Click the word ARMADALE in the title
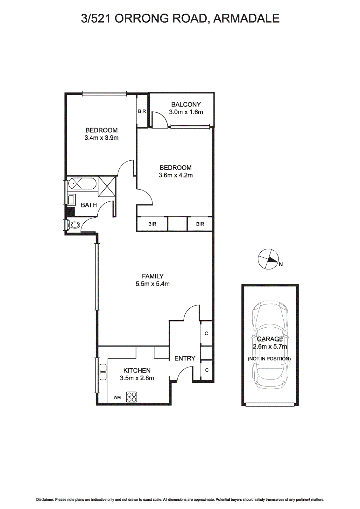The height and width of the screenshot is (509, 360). click(246, 18)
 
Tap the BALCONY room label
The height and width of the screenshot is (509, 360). click(186, 104)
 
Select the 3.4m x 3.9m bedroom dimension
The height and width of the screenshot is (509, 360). click(102, 138)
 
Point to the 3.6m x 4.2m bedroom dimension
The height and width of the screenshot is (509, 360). click(176, 175)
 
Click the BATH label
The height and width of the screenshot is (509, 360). click(89, 205)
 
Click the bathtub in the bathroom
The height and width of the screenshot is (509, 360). click(82, 184)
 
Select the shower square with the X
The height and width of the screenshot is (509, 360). click(107, 186)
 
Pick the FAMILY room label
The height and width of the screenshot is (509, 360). click(153, 276)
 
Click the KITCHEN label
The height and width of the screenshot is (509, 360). click(137, 370)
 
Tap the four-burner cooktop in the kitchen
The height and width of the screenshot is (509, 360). click(132, 397)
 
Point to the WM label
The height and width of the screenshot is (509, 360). click(117, 397)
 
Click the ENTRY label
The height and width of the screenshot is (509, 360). click(185, 359)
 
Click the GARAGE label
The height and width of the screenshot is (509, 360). click(270, 339)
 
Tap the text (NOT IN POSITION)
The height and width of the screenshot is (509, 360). click(269, 359)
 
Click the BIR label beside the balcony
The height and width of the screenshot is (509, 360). click(142, 111)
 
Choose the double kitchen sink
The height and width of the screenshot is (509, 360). click(103, 372)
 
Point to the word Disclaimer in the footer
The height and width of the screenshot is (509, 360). click(45, 500)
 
